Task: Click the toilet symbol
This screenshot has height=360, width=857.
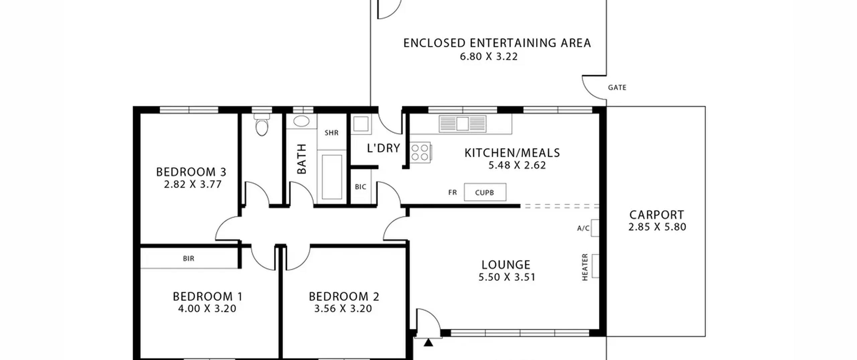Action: (x=261, y=125)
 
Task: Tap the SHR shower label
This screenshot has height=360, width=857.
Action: (x=331, y=133)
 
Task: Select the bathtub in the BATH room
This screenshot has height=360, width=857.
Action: (x=332, y=177)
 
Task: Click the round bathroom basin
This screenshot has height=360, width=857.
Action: (x=301, y=121)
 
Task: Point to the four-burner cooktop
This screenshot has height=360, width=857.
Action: (x=420, y=153)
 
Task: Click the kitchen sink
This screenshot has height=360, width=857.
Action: (x=462, y=124)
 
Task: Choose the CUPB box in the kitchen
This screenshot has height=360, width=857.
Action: (x=485, y=192)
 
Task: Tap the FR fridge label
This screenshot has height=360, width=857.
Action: (x=452, y=193)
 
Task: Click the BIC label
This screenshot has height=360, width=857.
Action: (x=361, y=187)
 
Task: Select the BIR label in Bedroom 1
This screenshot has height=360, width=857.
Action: (x=188, y=259)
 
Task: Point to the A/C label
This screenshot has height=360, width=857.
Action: (x=583, y=228)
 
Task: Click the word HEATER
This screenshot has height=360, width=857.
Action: (x=585, y=267)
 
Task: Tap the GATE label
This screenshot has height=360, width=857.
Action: (x=617, y=87)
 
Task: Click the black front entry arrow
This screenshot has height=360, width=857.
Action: (x=428, y=343)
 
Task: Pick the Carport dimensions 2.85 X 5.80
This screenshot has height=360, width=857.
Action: (x=657, y=227)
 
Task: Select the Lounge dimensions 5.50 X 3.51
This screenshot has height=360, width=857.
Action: (x=507, y=277)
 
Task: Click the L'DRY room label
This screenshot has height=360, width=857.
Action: (x=384, y=148)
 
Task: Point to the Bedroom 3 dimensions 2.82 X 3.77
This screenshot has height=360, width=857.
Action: (x=193, y=185)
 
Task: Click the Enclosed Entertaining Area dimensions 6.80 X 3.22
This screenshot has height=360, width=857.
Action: (x=489, y=57)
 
